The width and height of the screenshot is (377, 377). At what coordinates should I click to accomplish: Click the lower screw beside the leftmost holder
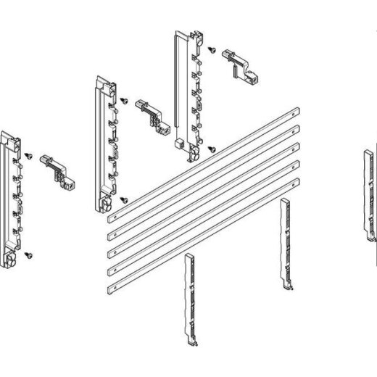click(x=28, y=254)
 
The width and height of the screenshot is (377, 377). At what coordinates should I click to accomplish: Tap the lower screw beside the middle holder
click(x=124, y=196)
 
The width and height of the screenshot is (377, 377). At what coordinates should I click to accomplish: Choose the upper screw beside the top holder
click(x=210, y=50)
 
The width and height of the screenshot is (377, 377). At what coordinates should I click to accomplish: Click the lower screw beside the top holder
click(x=210, y=149)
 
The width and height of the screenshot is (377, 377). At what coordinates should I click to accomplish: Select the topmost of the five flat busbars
click(x=203, y=162)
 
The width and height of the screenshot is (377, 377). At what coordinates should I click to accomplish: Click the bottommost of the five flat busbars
click(x=203, y=235)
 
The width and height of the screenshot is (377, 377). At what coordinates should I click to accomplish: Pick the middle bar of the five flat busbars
click(x=203, y=199)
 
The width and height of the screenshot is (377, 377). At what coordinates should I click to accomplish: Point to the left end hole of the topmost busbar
click(x=110, y=216)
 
